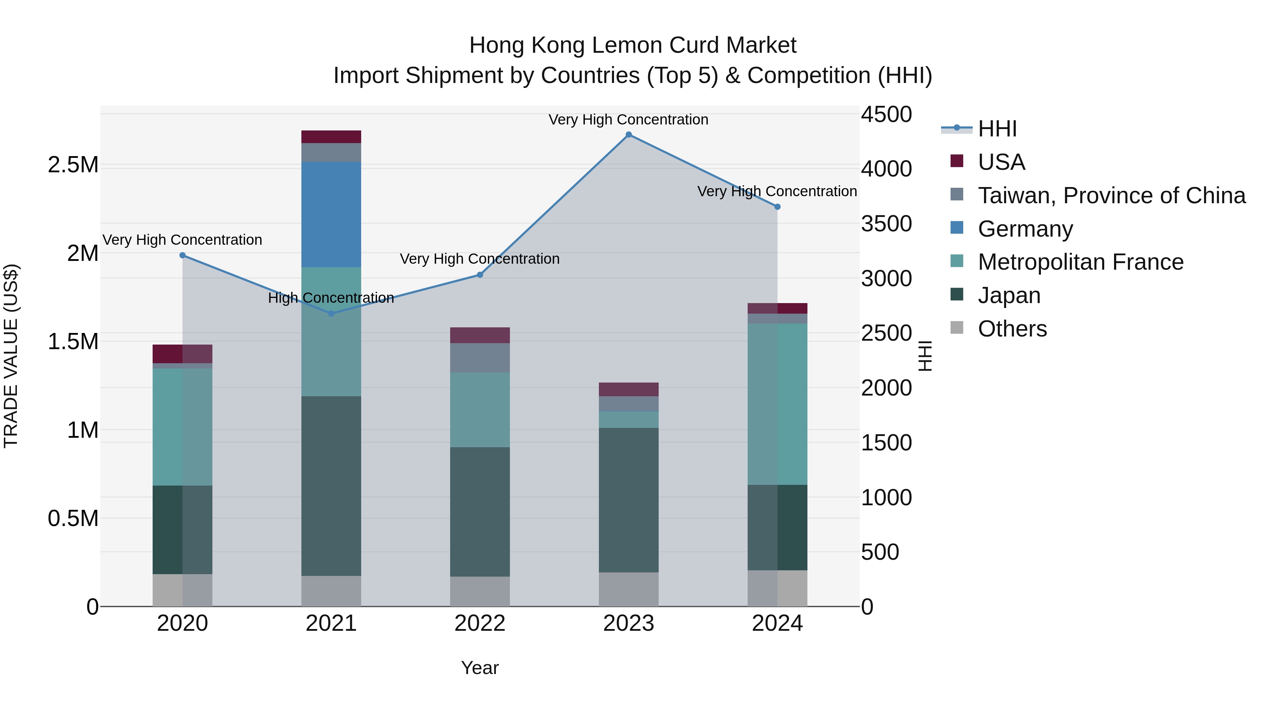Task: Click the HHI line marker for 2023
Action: tap(628, 135)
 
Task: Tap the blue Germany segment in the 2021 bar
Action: tap(331, 214)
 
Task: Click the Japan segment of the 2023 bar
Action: tap(628, 500)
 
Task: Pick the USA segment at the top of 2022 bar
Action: tap(480, 335)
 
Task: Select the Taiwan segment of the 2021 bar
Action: tap(331, 152)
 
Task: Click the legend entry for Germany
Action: tap(1025, 229)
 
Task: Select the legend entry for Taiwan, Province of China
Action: tap(1111, 195)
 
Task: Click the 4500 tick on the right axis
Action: tap(886, 115)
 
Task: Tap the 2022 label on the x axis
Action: tap(480, 623)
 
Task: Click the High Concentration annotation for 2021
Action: tap(331, 298)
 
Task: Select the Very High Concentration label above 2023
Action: tap(628, 120)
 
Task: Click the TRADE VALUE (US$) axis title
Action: tap(11, 356)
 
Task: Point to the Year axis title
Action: tap(480, 668)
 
